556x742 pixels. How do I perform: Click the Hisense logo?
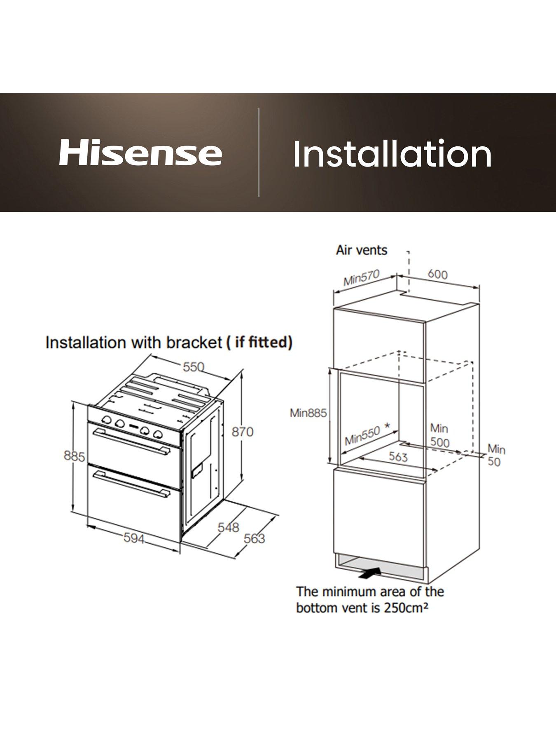pyautogui.click(x=140, y=153)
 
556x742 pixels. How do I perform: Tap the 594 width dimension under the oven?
pyautogui.click(x=134, y=538)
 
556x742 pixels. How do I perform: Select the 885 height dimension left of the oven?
pyautogui.click(x=74, y=456)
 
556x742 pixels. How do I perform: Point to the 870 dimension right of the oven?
pyautogui.click(x=243, y=432)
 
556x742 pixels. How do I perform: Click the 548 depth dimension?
pyautogui.click(x=228, y=527)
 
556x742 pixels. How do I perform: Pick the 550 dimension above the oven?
pyautogui.click(x=194, y=366)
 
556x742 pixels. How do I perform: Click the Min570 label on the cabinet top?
pyautogui.click(x=361, y=277)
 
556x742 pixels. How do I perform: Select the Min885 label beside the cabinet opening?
pyautogui.click(x=308, y=413)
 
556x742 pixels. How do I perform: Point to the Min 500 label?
pyautogui.click(x=439, y=435)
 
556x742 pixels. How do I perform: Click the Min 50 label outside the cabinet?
pyautogui.click(x=496, y=455)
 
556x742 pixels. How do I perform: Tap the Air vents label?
pyautogui.click(x=362, y=250)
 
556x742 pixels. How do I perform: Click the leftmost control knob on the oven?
pyautogui.click(x=107, y=420)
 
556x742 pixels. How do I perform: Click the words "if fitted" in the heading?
pyautogui.click(x=262, y=342)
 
